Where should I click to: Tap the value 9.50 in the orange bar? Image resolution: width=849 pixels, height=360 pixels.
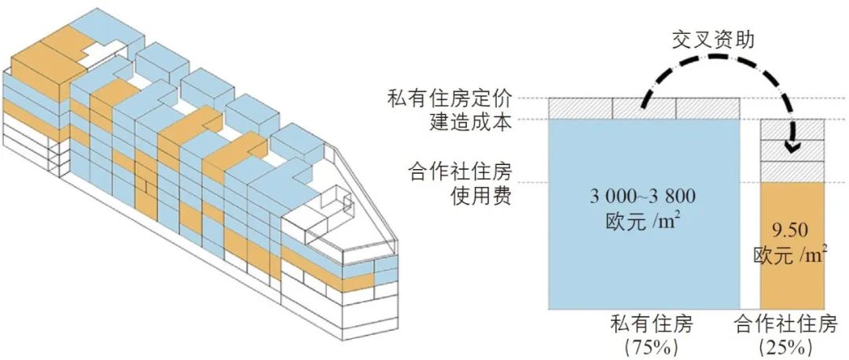tap(792, 232)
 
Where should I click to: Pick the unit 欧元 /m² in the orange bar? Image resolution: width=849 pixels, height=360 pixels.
tap(792, 255)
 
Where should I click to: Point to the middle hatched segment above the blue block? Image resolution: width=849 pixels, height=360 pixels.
tap(644, 108)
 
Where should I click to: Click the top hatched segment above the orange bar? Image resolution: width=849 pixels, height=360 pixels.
tap(792, 130)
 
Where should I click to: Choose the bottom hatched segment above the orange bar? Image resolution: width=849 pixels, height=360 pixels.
tap(792, 172)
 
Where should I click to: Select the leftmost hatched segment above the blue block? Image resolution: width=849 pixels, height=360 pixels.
tap(581, 108)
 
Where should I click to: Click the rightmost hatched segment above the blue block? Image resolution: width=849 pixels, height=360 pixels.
tap(707, 108)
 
